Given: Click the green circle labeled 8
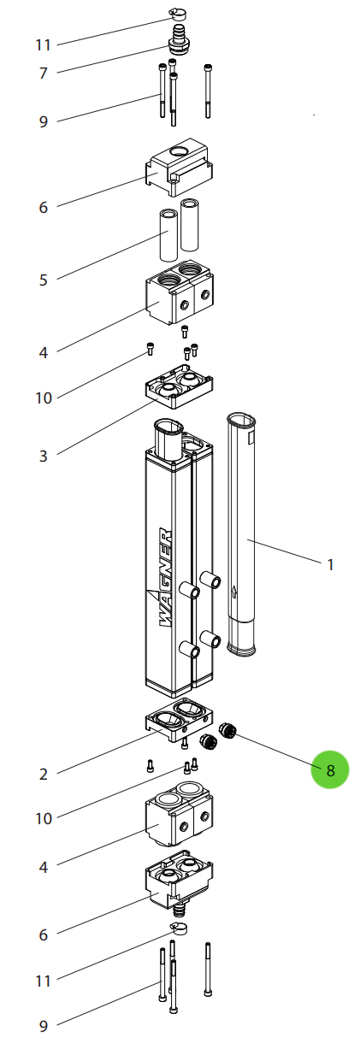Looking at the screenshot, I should (330, 769).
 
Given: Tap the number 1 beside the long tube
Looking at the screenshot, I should (331, 564).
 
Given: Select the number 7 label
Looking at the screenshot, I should (44, 74).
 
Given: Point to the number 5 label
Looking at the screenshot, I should (44, 280).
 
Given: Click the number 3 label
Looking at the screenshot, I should (44, 456).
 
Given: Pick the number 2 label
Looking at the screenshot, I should (44, 775).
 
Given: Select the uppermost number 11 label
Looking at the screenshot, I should (44, 44).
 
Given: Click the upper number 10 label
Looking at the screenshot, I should (44, 398).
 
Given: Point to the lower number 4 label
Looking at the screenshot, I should (44, 868).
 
